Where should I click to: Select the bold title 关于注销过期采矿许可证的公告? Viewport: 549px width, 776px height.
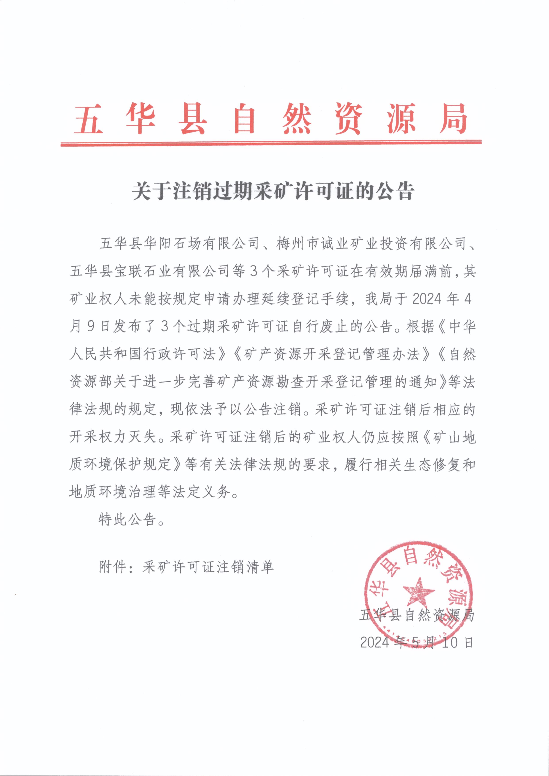(273, 191)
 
